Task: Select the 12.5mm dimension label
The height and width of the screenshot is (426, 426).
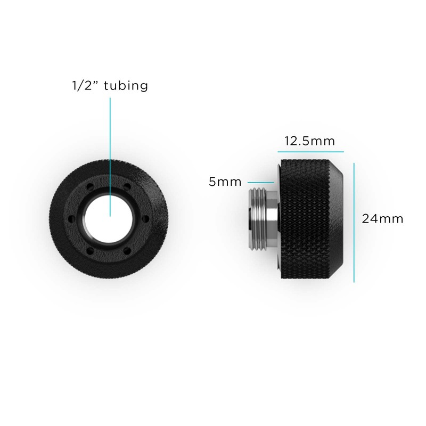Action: click(309, 142)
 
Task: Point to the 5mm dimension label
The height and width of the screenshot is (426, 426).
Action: click(224, 182)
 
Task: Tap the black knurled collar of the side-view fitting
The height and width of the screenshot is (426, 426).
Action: click(306, 218)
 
